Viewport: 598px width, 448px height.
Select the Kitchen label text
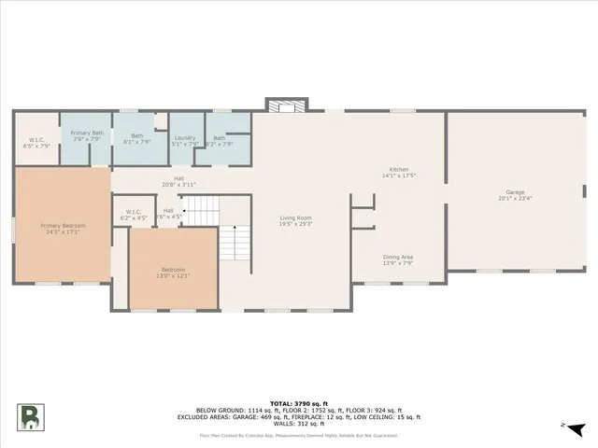pos(399,169)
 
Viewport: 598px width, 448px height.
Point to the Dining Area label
pos(399,257)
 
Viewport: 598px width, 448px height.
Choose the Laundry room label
pos(185,137)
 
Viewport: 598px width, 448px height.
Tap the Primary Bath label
pos(87,133)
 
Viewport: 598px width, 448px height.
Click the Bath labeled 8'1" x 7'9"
pos(137,137)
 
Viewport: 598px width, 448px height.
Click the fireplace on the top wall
pos(284,105)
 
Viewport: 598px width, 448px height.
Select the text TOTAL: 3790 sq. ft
pos(298,402)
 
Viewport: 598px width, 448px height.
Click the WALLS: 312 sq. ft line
pos(298,424)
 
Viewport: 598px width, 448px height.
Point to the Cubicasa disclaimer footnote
pos(298,435)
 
